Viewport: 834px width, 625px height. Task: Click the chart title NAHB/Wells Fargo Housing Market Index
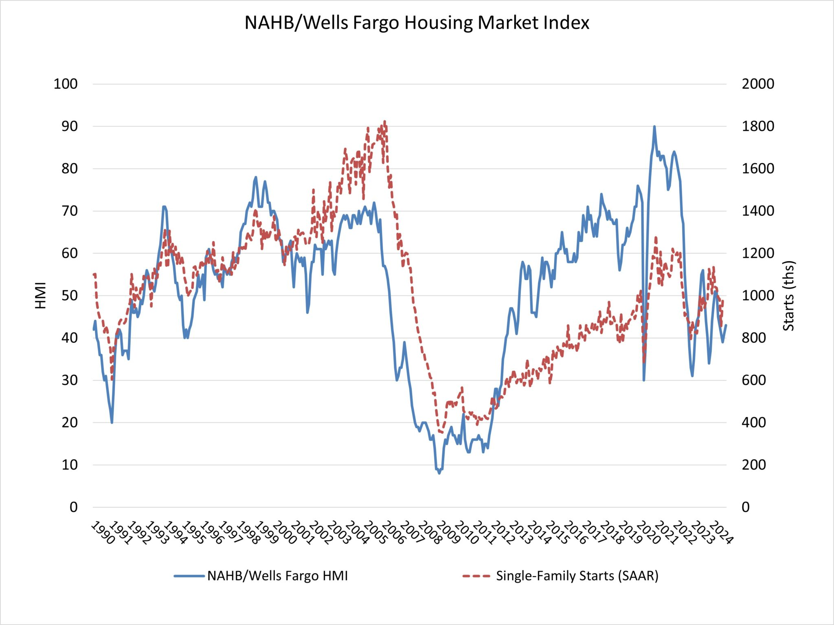coord(417,23)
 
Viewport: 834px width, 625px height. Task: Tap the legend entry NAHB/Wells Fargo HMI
coord(277,576)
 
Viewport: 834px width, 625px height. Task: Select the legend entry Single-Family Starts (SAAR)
coord(577,576)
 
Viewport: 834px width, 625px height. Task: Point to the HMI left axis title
coord(41,296)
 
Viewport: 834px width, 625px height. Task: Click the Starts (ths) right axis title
coord(789,296)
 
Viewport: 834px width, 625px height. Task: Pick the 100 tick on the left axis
coord(66,84)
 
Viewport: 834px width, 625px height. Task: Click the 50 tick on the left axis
coord(69,295)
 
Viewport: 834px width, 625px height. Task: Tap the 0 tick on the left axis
coord(73,507)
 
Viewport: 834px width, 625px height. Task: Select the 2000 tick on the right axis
coord(757,84)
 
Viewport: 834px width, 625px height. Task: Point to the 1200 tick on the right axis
coord(757,253)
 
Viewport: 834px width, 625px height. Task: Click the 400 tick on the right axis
coord(753,422)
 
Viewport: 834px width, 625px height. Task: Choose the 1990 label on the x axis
coord(102,533)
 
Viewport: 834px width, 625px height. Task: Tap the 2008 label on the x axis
coord(429,533)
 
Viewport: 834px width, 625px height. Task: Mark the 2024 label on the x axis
coord(720,533)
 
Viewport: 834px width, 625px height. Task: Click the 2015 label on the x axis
coord(556,533)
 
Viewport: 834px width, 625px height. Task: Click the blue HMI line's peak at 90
coord(654,127)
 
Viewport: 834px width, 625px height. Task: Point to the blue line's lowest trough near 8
coord(439,473)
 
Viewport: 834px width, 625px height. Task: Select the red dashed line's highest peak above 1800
coord(384,121)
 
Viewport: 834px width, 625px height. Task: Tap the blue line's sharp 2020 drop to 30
coord(644,380)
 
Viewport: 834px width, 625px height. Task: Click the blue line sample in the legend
coord(189,576)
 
